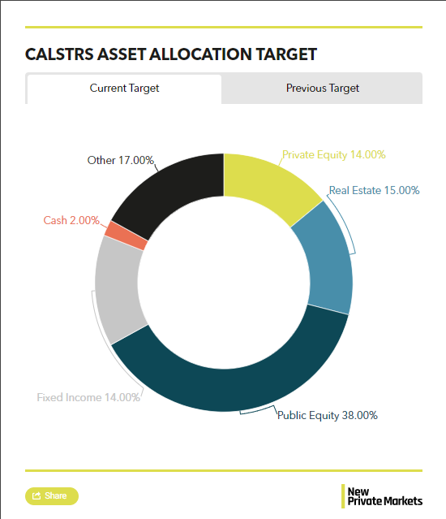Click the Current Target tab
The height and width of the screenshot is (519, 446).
pyautogui.click(x=124, y=89)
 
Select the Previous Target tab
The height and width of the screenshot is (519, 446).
pyautogui.click(x=322, y=89)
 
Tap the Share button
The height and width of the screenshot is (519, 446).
pyautogui.click(x=52, y=495)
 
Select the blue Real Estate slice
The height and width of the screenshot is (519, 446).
pyautogui.click(x=324, y=257)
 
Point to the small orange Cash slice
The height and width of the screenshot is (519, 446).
pyautogui.click(x=126, y=236)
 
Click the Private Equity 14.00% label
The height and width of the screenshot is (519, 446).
pyautogui.click(x=333, y=154)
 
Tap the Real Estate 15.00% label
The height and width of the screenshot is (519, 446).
pyautogui.click(x=374, y=191)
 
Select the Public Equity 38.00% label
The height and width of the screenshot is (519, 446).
pyautogui.click(x=327, y=415)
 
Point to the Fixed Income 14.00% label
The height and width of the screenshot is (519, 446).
pyautogui.click(x=88, y=397)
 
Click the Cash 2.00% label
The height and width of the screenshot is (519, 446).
pyautogui.click(x=71, y=220)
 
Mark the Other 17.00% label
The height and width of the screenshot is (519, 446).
pyautogui.click(x=120, y=160)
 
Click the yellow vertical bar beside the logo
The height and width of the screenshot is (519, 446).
pyautogui.click(x=343, y=495)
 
